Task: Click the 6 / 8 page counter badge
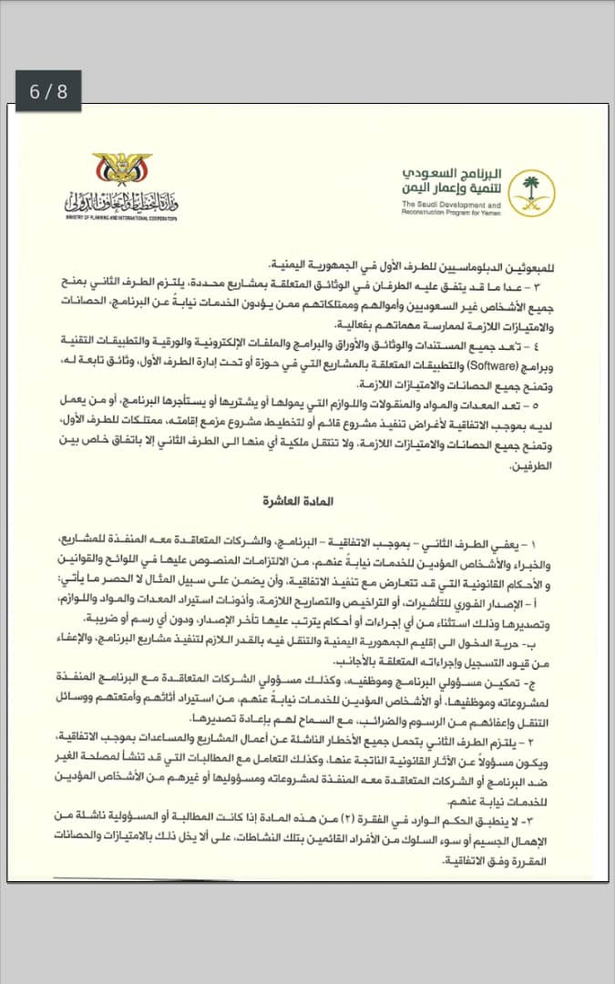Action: tap(48, 91)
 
